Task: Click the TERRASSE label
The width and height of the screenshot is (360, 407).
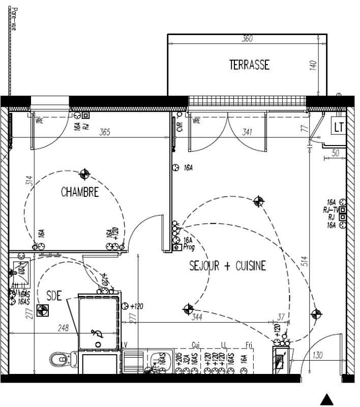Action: pyautogui.click(x=249, y=65)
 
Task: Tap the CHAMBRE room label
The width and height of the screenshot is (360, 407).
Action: pyautogui.click(x=79, y=192)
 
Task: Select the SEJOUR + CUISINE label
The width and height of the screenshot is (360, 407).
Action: pyautogui.click(x=228, y=266)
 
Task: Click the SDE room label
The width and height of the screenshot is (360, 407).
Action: pyautogui.click(x=54, y=296)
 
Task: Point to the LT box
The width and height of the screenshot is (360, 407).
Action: pyautogui.click(x=339, y=127)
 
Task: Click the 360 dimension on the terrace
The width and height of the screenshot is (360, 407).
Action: pyautogui.click(x=247, y=39)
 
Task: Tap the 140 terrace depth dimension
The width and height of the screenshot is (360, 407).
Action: pyautogui.click(x=313, y=65)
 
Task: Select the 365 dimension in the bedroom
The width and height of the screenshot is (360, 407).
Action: pyautogui.click(x=104, y=133)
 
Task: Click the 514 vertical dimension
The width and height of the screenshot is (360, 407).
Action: pyautogui.click(x=305, y=261)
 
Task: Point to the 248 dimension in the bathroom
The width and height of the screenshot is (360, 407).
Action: pyautogui.click(x=63, y=329)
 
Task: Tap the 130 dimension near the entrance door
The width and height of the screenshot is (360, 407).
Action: pyautogui.click(x=318, y=355)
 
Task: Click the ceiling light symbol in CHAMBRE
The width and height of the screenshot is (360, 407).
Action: pyautogui.click(x=85, y=175)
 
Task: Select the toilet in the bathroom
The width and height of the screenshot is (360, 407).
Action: pyautogui.click(x=59, y=360)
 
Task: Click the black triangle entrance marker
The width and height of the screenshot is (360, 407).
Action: pyautogui.click(x=328, y=399)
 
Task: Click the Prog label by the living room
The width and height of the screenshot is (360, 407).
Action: pyautogui.click(x=189, y=247)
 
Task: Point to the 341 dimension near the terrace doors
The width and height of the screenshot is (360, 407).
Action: pyautogui.click(x=247, y=132)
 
